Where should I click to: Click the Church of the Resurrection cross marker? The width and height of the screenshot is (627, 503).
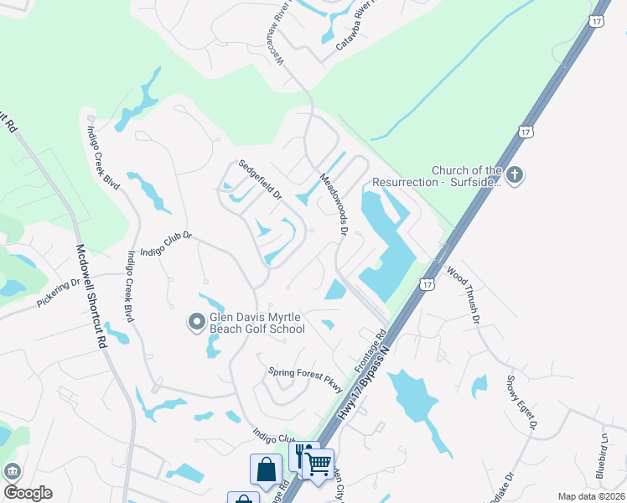tap(516, 175)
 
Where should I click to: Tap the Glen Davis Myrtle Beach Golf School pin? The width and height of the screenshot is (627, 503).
tap(196, 322)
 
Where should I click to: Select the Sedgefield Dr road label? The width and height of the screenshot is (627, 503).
tap(261, 180)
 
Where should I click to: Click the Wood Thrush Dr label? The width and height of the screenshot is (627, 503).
tap(463, 296)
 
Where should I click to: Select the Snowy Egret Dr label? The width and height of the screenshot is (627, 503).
tap(521, 402)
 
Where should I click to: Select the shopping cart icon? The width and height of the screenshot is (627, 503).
tap(319, 463)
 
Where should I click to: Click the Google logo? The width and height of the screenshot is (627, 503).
tap(28, 493)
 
